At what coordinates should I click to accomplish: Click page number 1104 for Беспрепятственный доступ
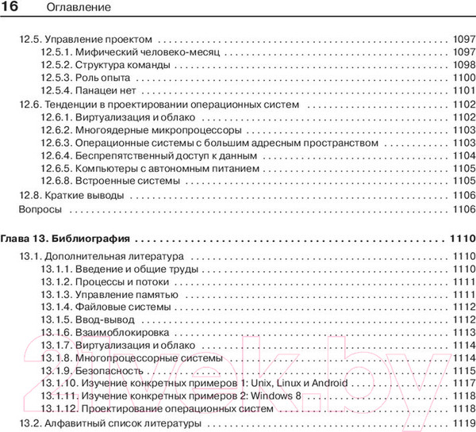[461, 155]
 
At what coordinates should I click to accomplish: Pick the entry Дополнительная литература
[113, 257]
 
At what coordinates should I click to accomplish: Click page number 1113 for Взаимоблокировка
[461, 334]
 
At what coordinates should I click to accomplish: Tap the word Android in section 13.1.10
[326, 383]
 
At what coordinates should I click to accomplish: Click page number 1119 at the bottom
[461, 423]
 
